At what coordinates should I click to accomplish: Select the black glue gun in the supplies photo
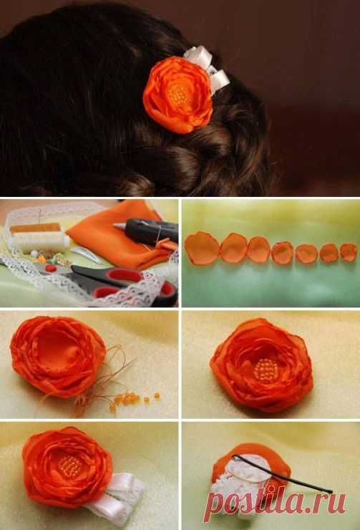[149, 230]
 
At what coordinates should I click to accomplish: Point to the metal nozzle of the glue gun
[120, 226]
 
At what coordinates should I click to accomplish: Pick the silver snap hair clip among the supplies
[87, 254]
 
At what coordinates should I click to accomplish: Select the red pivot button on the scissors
[51, 269]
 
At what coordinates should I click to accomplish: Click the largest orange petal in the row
[202, 248]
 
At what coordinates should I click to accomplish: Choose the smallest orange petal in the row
[348, 252]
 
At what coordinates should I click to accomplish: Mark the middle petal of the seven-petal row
[282, 253]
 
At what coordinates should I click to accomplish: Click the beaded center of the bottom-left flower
[69, 466]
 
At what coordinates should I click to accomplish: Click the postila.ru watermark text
[275, 503]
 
